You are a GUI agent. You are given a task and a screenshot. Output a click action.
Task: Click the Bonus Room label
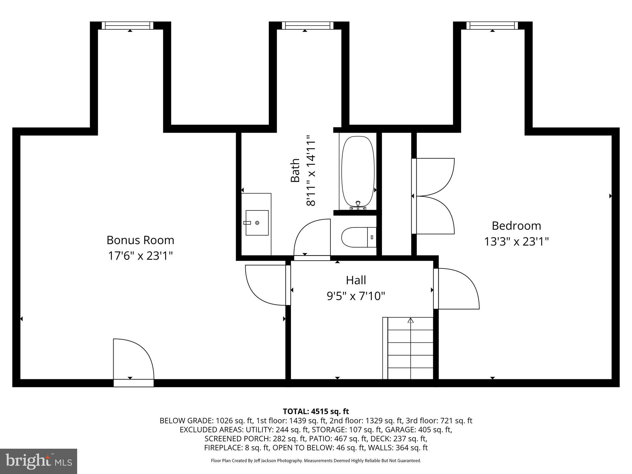click(140, 240)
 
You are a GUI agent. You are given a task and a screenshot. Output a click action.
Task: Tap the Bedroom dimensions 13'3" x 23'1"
click(516, 242)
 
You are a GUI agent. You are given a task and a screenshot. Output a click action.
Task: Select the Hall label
click(356, 280)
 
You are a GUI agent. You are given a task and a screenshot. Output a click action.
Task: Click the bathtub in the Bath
click(358, 171)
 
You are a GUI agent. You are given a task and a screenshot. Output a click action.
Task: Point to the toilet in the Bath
click(358, 237)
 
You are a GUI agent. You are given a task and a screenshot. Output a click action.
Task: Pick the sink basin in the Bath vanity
click(257, 223)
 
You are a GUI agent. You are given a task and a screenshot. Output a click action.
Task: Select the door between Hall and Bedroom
click(457, 289)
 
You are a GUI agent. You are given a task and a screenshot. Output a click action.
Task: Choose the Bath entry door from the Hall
click(312, 238)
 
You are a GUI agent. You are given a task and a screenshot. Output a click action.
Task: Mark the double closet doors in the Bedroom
click(434, 196)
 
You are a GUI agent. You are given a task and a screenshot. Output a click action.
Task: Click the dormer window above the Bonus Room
click(127, 26)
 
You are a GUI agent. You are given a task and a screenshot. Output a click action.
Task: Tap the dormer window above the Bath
click(307, 26)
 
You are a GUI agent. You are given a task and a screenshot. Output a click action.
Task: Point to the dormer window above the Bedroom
click(492, 26)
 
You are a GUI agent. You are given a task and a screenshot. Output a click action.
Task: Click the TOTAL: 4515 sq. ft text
click(316, 411)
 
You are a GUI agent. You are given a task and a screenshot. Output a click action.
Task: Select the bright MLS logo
click(39, 461)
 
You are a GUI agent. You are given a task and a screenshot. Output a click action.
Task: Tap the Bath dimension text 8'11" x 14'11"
click(311, 170)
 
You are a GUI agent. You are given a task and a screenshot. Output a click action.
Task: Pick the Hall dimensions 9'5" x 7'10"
click(356, 297)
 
